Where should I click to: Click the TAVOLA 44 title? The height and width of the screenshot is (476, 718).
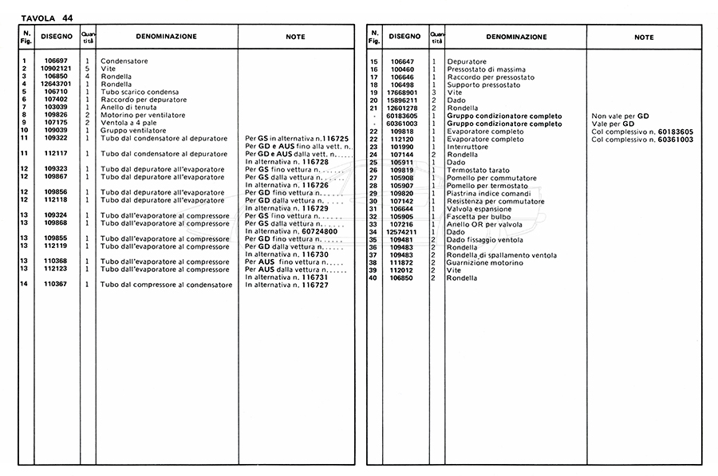pos(46,18)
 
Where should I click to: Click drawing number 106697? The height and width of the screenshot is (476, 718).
pos(56,61)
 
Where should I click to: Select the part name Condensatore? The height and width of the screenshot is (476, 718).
pos(124,61)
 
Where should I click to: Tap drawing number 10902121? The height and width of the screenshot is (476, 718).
pos(56,69)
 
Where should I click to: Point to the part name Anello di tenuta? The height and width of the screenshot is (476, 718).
pos(128,107)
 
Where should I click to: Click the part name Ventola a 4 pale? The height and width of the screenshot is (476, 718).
pos(130,122)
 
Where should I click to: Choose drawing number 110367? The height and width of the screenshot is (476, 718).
pos(56,284)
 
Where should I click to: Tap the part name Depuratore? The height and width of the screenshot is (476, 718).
pos(467,61)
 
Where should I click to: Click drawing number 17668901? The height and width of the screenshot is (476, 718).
pos(403,92)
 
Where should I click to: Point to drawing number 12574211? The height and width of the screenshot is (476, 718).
pos(403,231)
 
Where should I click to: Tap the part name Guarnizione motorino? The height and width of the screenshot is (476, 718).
pos(485,262)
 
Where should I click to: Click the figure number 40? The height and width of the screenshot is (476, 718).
pos(373,277)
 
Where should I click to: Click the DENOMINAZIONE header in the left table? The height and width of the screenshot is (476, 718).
pos(166,37)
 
